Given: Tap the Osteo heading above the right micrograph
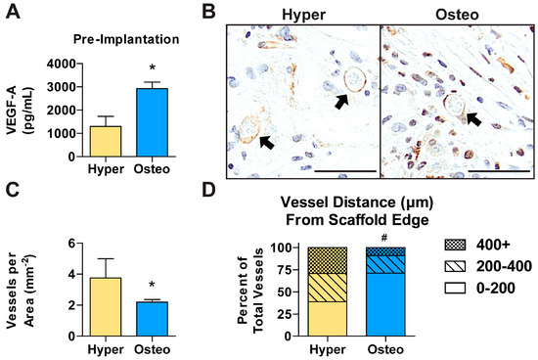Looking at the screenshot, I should (457, 14).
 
